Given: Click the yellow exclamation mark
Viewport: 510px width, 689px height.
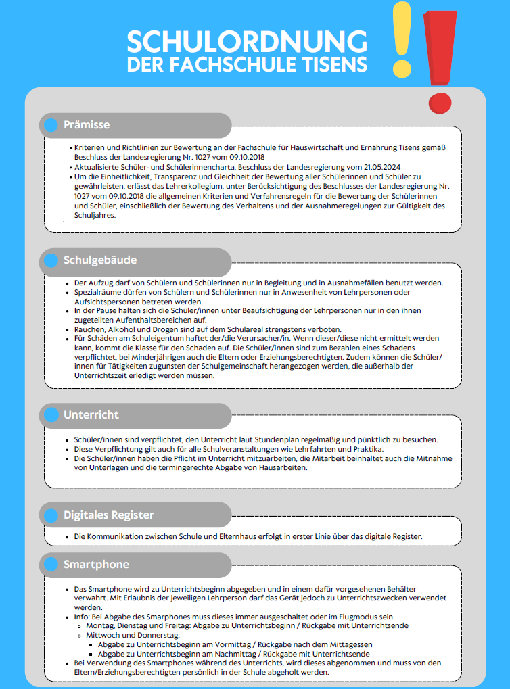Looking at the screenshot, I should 402,41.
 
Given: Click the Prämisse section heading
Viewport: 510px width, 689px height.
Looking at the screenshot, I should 87,125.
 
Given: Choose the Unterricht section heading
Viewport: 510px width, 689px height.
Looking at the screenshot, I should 91,414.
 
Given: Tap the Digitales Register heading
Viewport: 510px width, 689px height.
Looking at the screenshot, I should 108,515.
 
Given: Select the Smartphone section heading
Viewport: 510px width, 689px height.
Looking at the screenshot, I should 96,564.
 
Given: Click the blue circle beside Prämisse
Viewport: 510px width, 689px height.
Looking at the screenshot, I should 51,125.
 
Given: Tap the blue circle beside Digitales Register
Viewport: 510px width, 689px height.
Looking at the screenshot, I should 51,515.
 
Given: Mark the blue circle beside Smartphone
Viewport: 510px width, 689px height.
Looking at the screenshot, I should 51,564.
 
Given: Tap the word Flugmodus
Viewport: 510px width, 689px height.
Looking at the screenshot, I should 354,617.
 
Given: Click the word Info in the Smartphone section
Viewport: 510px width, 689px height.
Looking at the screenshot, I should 82,617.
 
